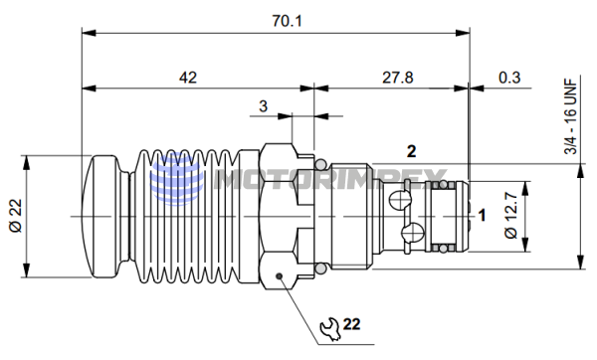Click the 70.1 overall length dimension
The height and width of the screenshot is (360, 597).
[288, 21]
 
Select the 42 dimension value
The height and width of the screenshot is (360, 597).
[188, 78]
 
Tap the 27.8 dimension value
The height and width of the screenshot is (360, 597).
[398, 78]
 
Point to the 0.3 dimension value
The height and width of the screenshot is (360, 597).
[509, 78]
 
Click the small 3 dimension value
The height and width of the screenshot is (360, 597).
[263, 106]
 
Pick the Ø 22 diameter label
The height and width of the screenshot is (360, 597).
[16, 216]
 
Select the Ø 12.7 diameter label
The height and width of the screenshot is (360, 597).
[511, 216]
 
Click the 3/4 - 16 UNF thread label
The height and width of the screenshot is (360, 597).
[571, 116]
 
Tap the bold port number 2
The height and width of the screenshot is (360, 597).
[412, 151]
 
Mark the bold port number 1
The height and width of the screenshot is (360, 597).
[482, 216]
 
